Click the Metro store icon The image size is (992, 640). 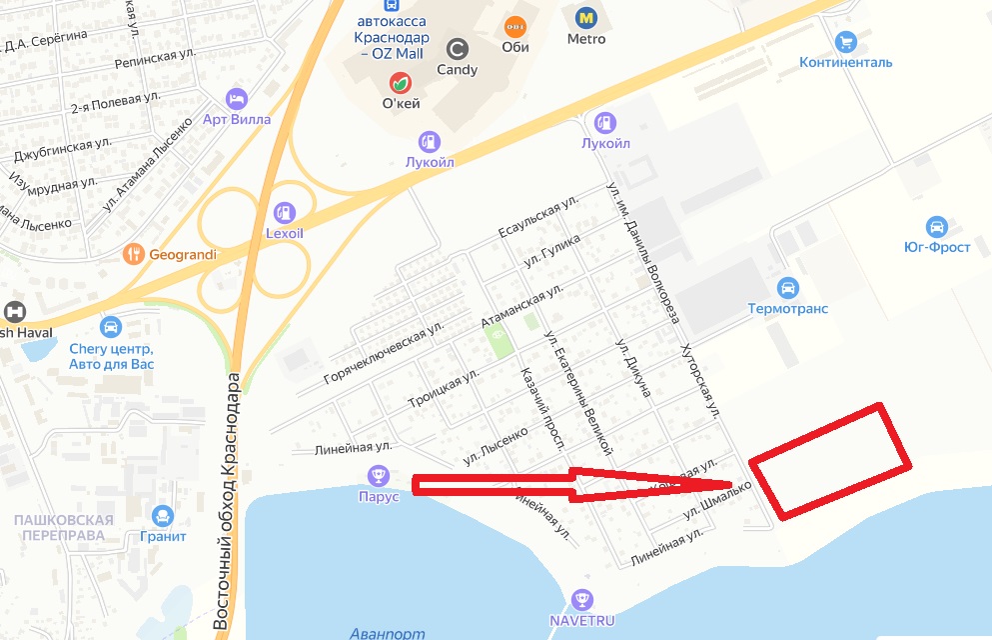click(x=585, y=17)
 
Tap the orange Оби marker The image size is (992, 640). click(x=515, y=26)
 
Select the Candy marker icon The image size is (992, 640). click(x=458, y=48)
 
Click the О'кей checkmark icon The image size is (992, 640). click(x=401, y=82)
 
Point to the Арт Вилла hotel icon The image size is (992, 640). click(x=237, y=98)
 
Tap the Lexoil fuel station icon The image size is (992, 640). click(x=284, y=212)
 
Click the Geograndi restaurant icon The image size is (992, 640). click(x=134, y=254)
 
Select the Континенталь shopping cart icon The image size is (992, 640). click(x=845, y=42)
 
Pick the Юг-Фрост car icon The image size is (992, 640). click(x=936, y=226)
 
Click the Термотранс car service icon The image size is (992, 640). click(x=787, y=288)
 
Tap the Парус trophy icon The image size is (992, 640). click(x=378, y=475)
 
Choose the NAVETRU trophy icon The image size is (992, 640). click(x=581, y=600)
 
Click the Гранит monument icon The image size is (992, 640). click(x=163, y=515)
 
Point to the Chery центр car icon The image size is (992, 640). click(x=111, y=327)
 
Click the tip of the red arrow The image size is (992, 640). click(x=747, y=485)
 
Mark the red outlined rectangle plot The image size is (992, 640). click(x=831, y=461)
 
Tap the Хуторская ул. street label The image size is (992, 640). click(x=698, y=380)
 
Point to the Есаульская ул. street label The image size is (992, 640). click(x=539, y=218)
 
